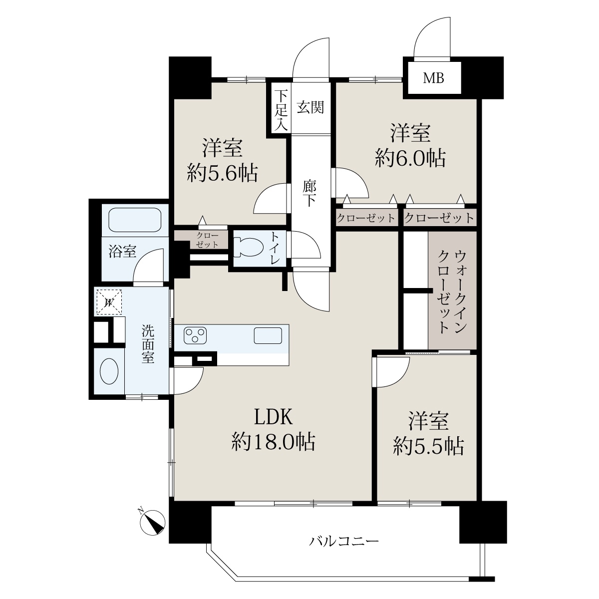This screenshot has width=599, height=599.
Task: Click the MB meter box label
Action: pyautogui.click(x=433, y=78)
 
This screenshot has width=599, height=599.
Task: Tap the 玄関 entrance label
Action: pyautogui.click(x=310, y=107)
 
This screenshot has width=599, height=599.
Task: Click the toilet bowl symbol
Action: pyautogui.click(x=248, y=247)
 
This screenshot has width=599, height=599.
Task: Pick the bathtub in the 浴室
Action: pyautogui.click(x=135, y=220)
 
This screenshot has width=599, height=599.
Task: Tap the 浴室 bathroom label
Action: pyautogui.click(x=122, y=251)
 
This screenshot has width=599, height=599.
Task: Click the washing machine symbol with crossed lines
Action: pyautogui.click(x=109, y=301)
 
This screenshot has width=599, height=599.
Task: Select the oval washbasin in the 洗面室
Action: pyautogui.click(x=109, y=371)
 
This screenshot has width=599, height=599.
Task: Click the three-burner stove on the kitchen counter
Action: pyautogui.click(x=195, y=335)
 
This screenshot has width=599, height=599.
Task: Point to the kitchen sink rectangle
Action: pyautogui.click(x=268, y=335)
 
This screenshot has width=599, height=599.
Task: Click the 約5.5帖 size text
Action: pyautogui.click(x=428, y=446)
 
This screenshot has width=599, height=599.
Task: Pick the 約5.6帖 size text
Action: pyautogui.click(x=222, y=173)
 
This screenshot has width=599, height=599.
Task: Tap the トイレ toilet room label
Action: pyautogui.click(x=275, y=248)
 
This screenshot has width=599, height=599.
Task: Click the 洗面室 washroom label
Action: pyautogui.click(x=148, y=344)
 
